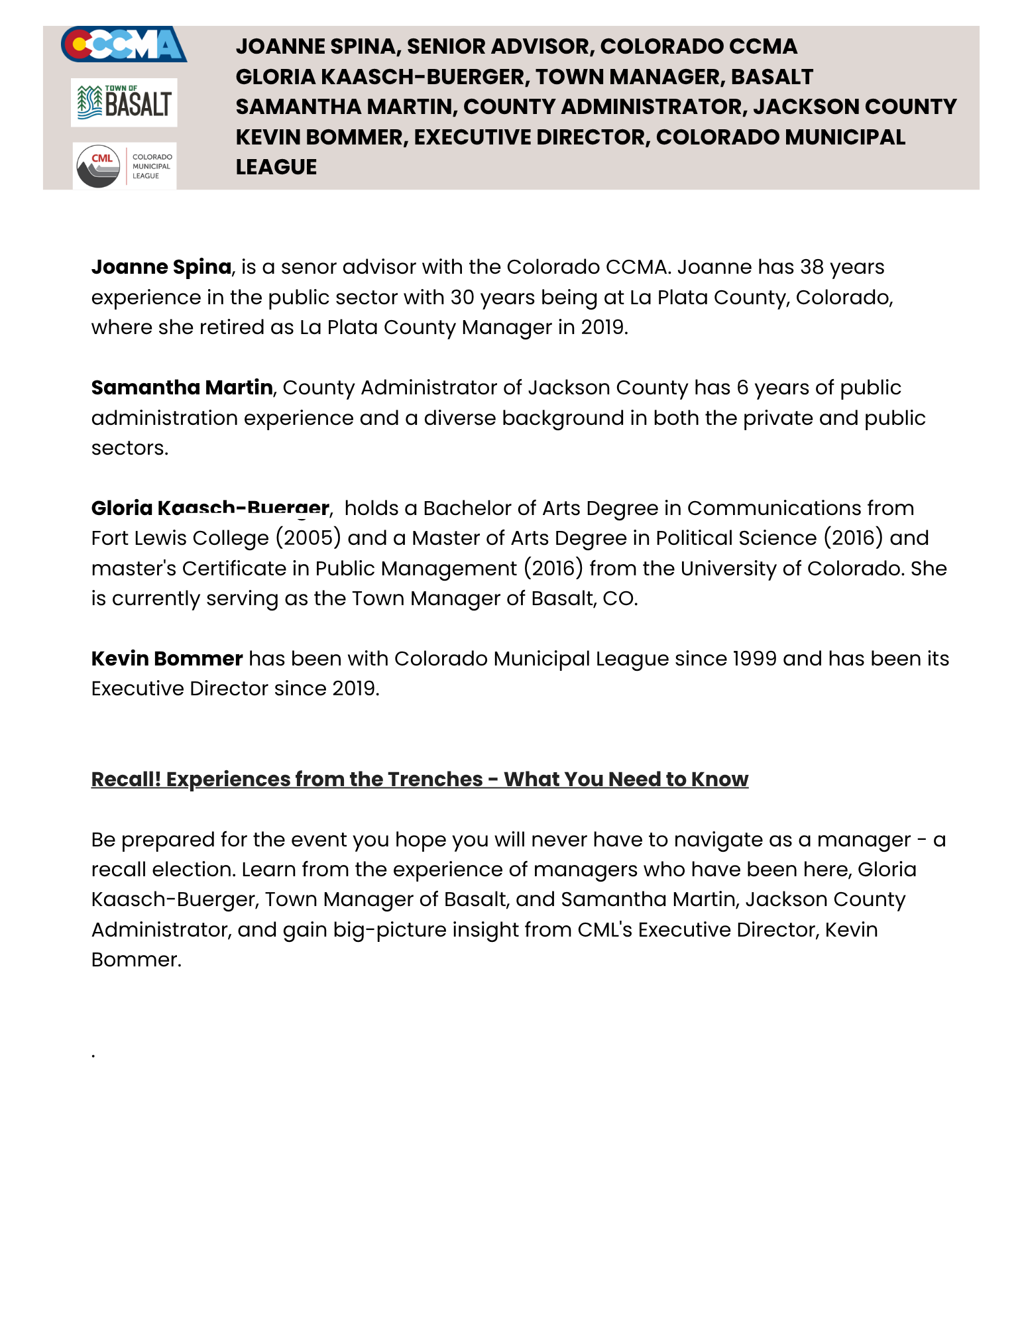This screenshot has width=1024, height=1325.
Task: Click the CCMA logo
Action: [x=124, y=44]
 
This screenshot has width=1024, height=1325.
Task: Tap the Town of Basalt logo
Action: [x=124, y=102]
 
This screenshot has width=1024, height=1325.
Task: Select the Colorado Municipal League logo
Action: [x=125, y=166]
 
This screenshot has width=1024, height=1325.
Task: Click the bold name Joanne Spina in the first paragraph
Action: [x=161, y=267]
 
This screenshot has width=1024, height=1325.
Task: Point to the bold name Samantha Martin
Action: [x=182, y=388]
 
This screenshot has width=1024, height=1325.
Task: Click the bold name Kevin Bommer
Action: [x=167, y=659]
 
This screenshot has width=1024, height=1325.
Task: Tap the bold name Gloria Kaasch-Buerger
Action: [x=210, y=508]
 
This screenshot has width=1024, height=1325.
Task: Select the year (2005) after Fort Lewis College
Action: [x=308, y=538]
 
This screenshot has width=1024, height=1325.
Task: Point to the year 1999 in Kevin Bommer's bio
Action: [x=754, y=659]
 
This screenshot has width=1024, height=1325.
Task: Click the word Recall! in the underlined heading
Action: [x=126, y=779]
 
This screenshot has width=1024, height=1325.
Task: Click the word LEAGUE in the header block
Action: [x=276, y=167]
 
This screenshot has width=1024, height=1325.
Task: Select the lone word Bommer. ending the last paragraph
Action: [x=137, y=960]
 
